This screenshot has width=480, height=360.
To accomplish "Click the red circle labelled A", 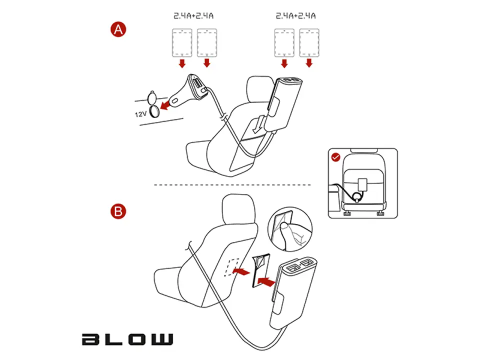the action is click(118, 29).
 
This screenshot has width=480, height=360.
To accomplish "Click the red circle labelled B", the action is click(118, 211).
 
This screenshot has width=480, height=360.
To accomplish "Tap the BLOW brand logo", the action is click(127, 339).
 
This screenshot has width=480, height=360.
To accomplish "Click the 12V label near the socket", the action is click(141, 114).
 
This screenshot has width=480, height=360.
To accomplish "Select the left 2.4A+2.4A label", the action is click(193, 16).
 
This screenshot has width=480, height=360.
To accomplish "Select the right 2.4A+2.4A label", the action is click(295, 16).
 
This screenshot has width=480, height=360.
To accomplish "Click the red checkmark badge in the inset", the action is click(336, 157).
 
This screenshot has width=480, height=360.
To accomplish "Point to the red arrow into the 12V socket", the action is click(165, 105).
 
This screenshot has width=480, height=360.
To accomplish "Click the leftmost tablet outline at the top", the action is click(182, 43).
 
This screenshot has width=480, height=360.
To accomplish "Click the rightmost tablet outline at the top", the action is click(309, 43).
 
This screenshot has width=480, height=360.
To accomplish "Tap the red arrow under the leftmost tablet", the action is click(182, 63).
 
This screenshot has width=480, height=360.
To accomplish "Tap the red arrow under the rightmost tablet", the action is click(309, 63).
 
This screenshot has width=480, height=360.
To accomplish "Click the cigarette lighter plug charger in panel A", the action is click(190, 90).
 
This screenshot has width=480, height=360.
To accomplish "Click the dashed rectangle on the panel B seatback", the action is click(232, 267).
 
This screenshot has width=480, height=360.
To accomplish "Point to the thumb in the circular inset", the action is click(285, 235).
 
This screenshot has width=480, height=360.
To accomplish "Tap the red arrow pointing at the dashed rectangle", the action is click(241, 271).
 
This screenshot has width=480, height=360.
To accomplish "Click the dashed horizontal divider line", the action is click(232, 185).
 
